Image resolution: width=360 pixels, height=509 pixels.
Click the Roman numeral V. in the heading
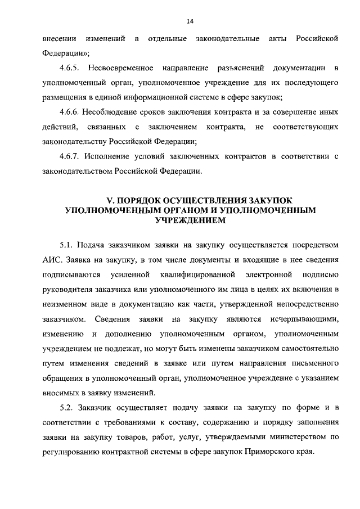click(x=110, y=200)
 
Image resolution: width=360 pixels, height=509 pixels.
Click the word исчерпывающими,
click(x=304, y=319)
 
